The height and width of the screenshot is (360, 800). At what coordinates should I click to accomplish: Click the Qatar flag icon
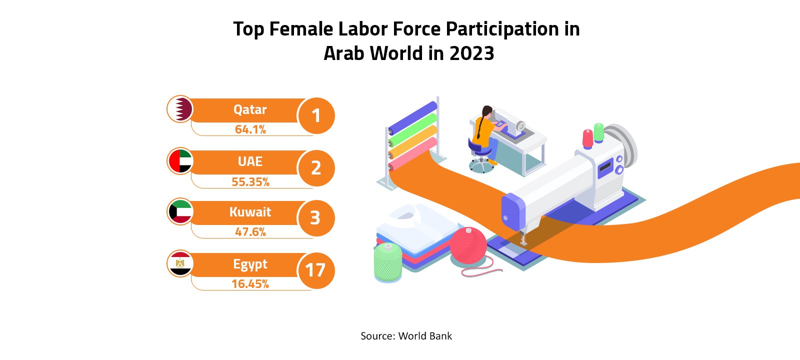(x=180, y=109)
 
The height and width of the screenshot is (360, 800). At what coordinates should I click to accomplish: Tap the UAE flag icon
(x=180, y=161)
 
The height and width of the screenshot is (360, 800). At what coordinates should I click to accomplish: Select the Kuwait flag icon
(x=180, y=211)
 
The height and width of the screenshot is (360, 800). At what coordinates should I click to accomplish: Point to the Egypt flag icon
(x=180, y=263)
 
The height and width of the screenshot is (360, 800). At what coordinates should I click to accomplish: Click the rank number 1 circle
(x=316, y=116)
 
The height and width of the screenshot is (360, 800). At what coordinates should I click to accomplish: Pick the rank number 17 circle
(x=316, y=270)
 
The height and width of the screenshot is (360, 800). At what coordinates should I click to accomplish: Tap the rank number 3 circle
(x=316, y=218)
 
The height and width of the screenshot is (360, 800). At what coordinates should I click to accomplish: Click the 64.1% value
(x=250, y=129)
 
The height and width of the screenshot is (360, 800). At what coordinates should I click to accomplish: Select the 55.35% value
(x=250, y=182)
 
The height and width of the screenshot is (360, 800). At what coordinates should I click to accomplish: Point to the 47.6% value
(x=250, y=232)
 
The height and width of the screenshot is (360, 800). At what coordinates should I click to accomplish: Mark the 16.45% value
(x=250, y=284)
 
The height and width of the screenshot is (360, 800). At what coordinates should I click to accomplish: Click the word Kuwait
(x=250, y=212)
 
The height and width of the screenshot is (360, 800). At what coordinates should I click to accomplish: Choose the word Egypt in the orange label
(x=250, y=264)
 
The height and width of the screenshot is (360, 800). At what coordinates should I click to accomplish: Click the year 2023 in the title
(x=471, y=53)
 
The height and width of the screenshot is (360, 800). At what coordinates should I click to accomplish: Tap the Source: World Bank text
(x=406, y=336)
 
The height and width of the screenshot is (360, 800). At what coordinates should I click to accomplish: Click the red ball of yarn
(x=468, y=245)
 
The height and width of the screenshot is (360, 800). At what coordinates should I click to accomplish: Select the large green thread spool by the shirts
(x=388, y=261)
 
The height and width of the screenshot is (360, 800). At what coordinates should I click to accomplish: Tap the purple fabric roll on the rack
(x=413, y=115)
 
